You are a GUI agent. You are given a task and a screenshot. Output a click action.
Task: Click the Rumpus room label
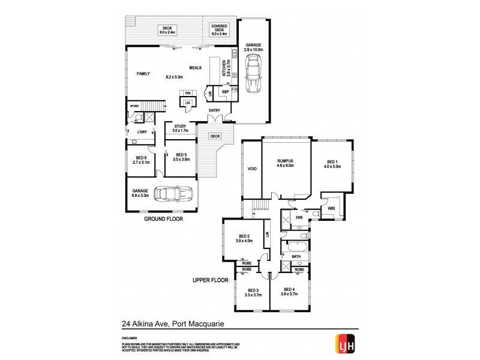click(285, 161)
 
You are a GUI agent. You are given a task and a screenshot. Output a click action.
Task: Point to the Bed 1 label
click(333, 161)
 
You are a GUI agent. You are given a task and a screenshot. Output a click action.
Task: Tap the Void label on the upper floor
click(252, 169)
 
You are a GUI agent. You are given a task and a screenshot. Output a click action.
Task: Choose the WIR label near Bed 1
click(331, 208)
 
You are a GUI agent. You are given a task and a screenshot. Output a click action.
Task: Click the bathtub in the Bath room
click(296, 246)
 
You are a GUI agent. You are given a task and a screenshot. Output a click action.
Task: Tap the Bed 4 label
click(290, 290)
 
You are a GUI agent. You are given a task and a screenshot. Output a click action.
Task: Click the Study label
click(180, 126)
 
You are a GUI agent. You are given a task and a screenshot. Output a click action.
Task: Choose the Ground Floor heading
click(163, 220)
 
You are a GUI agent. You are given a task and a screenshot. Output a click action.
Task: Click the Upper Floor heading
click(209, 280)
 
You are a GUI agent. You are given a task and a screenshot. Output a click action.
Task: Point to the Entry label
click(214, 110)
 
